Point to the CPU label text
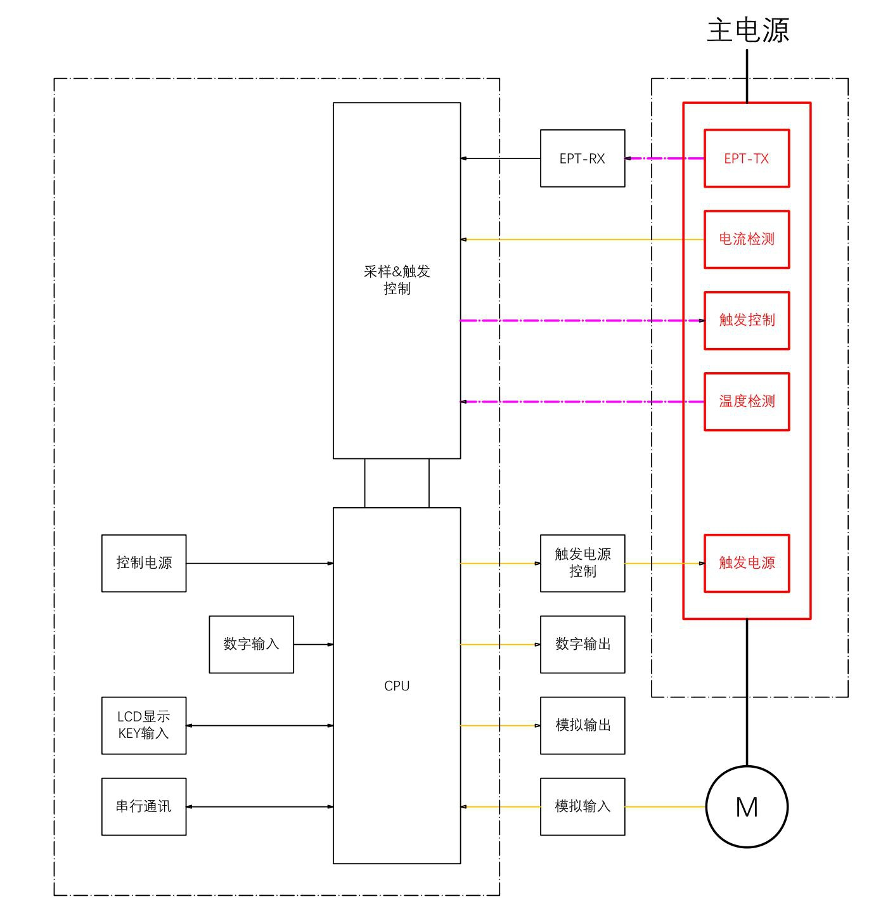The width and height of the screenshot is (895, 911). pyautogui.click(x=397, y=685)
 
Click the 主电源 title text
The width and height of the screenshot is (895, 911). pyautogui.click(x=747, y=30)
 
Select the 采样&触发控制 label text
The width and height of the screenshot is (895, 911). pyautogui.click(x=397, y=280)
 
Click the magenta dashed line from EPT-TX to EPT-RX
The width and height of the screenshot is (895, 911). pyautogui.click(x=664, y=158)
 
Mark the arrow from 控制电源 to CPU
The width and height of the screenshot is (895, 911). pyautogui.click(x=260, y=563)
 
